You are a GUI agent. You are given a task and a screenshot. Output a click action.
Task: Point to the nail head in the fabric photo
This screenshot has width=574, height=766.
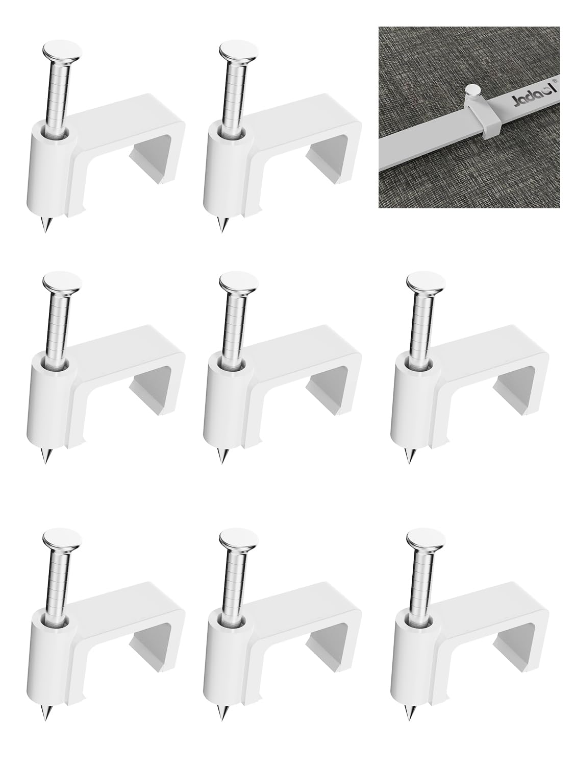pos(473,90)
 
